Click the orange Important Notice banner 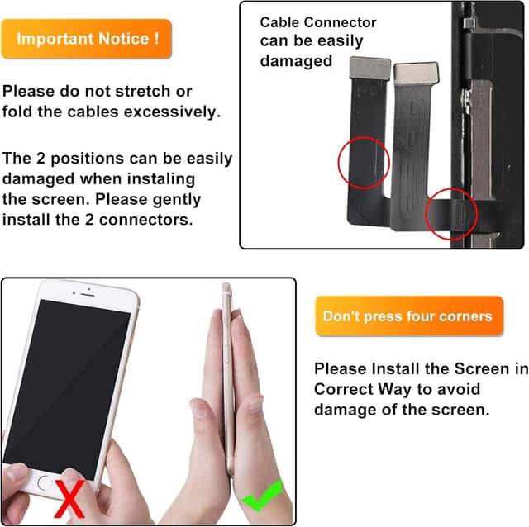tap(87, 39)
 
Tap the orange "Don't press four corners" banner tap(408, 316)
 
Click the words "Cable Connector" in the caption tap(318, 23)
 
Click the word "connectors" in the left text tap(150, 220)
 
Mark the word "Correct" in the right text tap(346, 388)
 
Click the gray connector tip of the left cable tap(369, 71)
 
